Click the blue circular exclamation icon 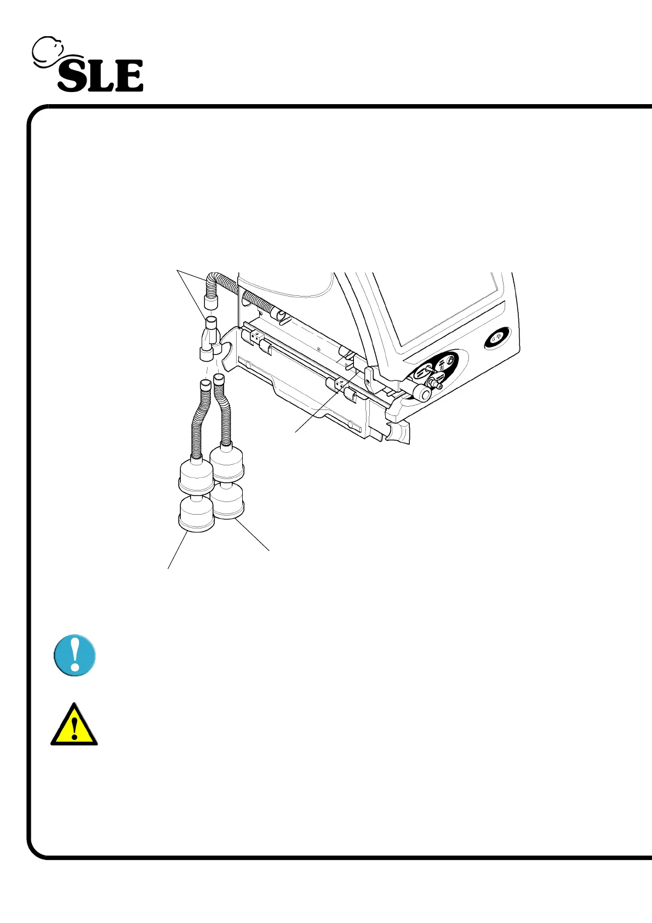(75, 656)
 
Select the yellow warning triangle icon (74, 726)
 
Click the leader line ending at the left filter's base (178, 550)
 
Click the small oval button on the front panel (498, 338)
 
